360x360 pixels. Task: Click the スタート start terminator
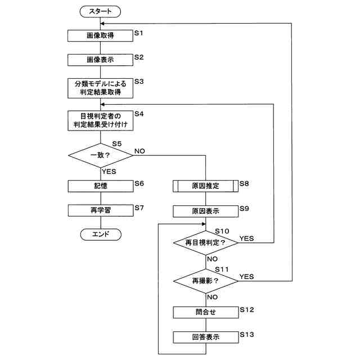click(x=100, y=11)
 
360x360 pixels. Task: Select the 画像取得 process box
click(x=100, y=35)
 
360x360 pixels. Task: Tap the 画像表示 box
click(x=100, y=60)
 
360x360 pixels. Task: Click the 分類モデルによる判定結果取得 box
click(x=100, y=88)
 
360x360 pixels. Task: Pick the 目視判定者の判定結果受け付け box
click(x=100, y=120)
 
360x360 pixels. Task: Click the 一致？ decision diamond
click(x=101, y=155)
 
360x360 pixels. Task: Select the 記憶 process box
click(x=101, y=186)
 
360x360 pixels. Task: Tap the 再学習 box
click(x=101, y=210)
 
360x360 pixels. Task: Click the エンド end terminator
click(x=101, y=235)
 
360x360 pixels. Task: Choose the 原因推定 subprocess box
click(x=205, y=186)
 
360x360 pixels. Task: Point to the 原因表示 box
click(x=205, y=211)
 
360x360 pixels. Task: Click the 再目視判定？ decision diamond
click(x=205, y=242)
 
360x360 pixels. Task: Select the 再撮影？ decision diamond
click(x=205, y=281)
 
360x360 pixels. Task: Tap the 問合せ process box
click(x=206, y=313)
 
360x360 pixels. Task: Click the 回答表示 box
click(x=206, y=337)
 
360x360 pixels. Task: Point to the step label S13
click(x=247, y=335)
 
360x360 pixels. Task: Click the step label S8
click(x=244, y=183)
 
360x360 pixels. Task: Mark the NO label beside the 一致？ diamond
click(x=139, y=151)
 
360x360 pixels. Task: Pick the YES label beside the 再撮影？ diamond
click(x=246, y=277)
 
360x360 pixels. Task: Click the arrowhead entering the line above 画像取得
click(x=102, y=24)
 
